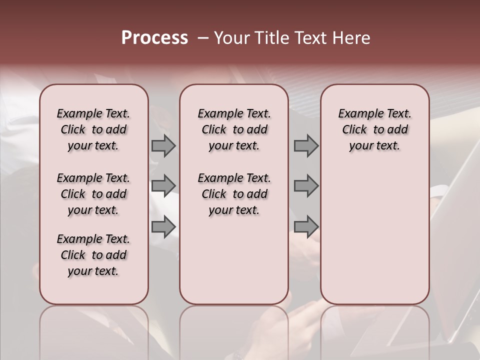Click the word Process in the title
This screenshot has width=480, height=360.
click(154, 38)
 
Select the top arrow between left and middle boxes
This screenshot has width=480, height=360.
click(163, 146)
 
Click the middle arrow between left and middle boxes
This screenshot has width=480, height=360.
click(163, 185)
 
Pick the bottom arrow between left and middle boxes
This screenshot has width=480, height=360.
click(163, 227)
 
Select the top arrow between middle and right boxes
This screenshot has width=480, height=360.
click(306, 146)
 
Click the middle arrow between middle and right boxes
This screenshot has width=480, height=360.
click(306, 185)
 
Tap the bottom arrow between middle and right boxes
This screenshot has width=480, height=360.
click(306, 227)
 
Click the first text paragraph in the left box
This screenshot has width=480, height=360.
click(93, 129)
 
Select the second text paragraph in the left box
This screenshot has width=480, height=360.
click(93, 194)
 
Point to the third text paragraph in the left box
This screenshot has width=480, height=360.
click(93, 255)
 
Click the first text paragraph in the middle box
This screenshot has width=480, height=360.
click(234, 129)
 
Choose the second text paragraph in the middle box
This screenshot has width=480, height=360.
click(234, 194)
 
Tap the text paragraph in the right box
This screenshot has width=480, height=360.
click(374, 129)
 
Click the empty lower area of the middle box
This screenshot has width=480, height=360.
click(234, 260)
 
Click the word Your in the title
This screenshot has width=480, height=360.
click(230, 38)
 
